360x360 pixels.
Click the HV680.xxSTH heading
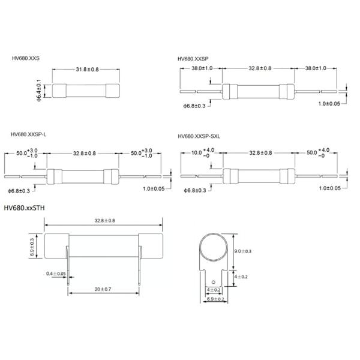point(24,208)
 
